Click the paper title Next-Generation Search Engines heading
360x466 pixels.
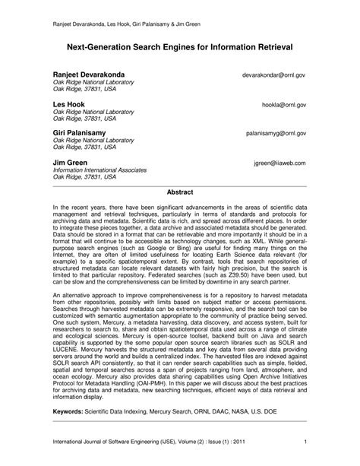180,47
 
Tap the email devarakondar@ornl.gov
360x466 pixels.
274,74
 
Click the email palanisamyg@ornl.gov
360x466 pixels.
275,133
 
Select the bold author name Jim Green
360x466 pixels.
71,162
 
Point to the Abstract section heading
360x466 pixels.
180,193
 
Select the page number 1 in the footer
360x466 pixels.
304,442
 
